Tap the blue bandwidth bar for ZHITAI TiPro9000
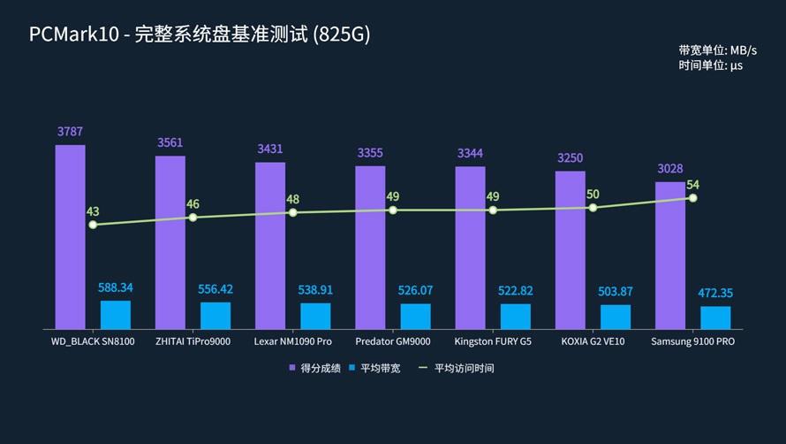[215, 316]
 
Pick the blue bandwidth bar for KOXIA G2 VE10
[616, 317]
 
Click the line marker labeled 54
[692, 197]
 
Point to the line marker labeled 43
[93, 225]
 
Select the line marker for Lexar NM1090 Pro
[293, 212]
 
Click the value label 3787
[70, 132]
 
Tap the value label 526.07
[415, 290]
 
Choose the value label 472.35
[715, 293]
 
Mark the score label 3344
[470, 154]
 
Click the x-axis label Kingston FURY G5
[493, 341]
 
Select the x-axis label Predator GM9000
[393, 341]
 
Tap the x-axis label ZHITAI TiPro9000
[193, 341]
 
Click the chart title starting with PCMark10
[200, 34]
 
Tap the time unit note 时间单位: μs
[710, 65]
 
